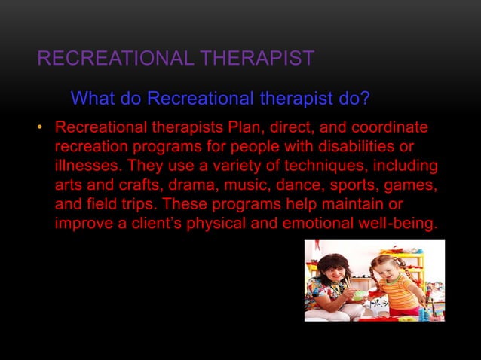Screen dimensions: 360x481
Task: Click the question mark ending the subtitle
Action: (364, 99)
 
